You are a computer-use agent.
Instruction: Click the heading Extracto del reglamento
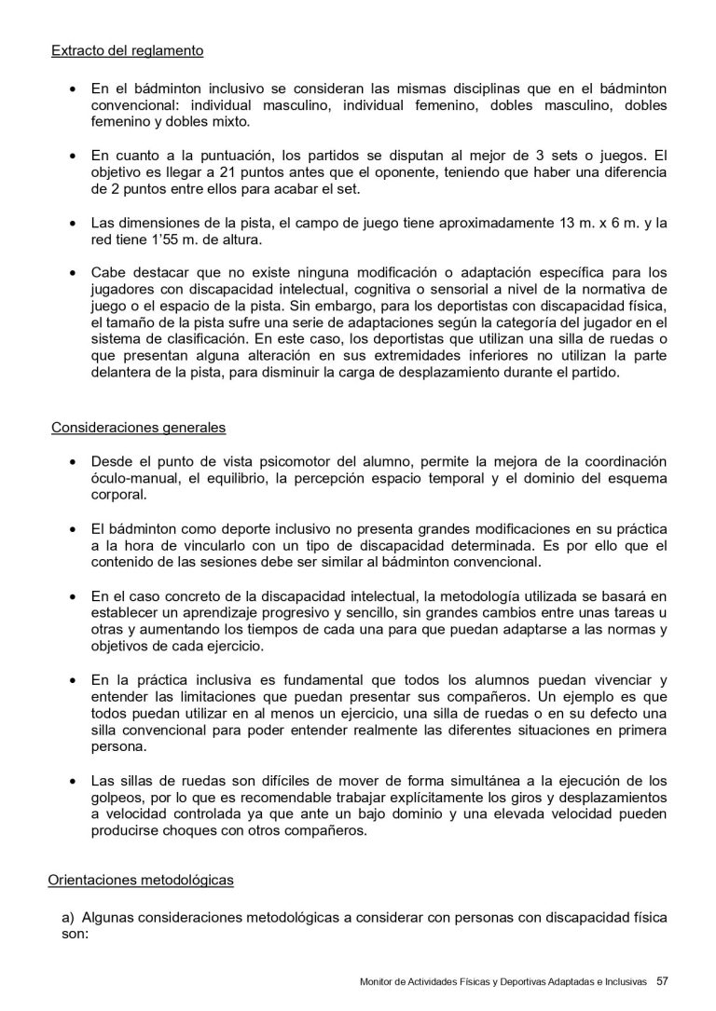tap(127, 50)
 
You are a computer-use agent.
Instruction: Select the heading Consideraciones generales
tap(137, 430)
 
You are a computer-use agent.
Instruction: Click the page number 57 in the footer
tap(663, 980)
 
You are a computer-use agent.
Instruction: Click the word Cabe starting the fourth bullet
tap(108, 273)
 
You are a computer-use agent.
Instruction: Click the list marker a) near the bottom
tap(68, 918)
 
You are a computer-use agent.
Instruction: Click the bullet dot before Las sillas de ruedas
tap(75, 782)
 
